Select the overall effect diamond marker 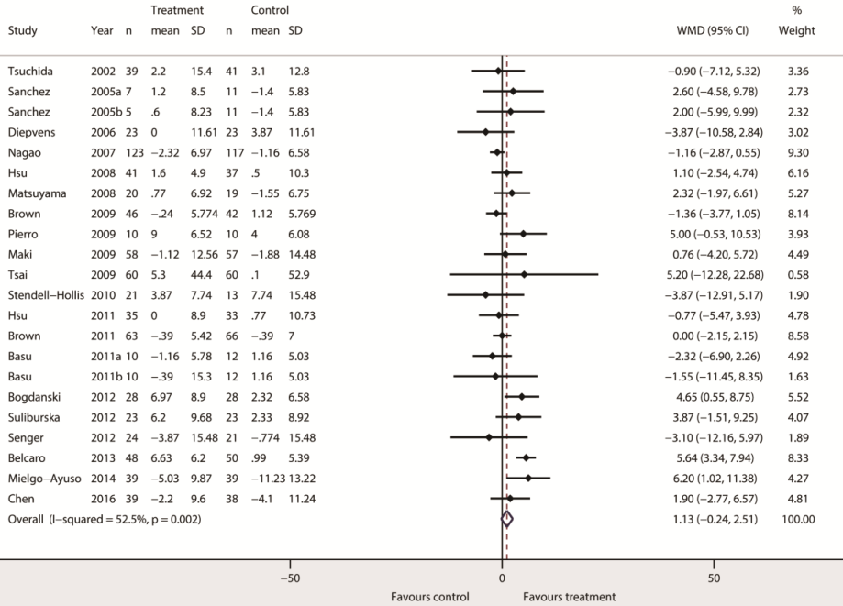(x=507, y=519)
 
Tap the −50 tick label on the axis (x=290, y=578)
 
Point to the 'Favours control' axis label (x=430, y=597)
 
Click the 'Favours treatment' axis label (x=569, y=597)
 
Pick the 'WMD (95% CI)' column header (x=713, y=29)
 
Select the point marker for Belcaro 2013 (x=527, y=457)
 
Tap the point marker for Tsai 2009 (x=524, y=274)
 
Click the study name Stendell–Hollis (x=44, y=294)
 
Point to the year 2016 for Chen (x=103, y=498)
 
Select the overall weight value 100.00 (x=798, y=519)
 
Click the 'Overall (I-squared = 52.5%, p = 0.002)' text (x=104, y=519)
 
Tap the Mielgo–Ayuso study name (x=41, y=478)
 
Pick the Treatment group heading (x=177, y=10)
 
